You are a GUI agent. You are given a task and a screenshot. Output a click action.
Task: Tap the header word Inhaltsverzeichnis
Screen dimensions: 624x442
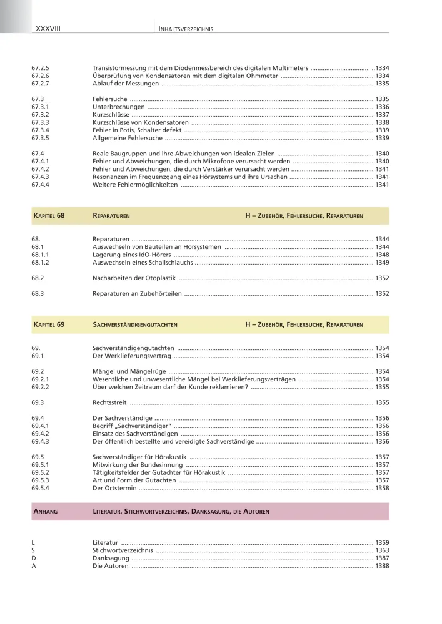pos(186,29)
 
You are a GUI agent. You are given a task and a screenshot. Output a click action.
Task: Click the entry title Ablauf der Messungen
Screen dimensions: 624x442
pos(124,83)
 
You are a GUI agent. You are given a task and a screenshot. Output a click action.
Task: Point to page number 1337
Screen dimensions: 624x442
pos(382,115)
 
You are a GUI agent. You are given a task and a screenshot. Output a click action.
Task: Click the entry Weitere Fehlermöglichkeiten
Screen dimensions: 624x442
pos(134,185)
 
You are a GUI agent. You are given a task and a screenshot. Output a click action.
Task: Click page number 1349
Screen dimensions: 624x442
pos(382,263)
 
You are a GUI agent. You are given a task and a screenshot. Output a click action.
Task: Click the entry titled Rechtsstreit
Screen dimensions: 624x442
pos(110,402)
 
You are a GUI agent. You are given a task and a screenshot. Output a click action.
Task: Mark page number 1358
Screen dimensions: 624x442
pos(382,488)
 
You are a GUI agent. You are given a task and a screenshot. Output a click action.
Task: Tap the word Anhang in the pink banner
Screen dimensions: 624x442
pos(44,512)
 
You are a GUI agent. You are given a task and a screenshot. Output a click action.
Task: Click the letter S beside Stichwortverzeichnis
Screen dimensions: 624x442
pos(33,550)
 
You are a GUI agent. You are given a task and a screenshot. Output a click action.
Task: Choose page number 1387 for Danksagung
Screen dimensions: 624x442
pos(382,558)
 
